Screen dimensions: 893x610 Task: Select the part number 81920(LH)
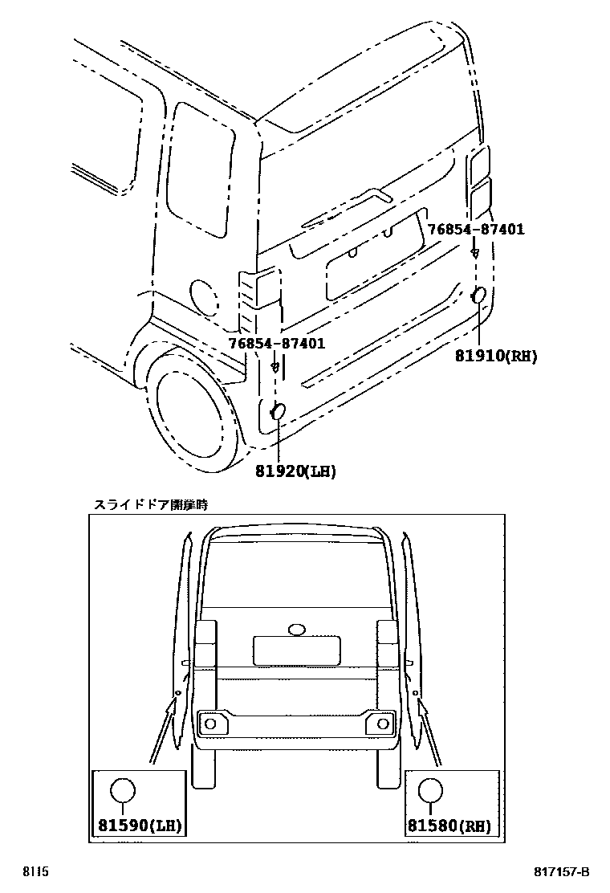pyautogui.click(x=295, y=471)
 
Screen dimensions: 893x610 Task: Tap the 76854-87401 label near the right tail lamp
pyautogui.click(x=475, y=230)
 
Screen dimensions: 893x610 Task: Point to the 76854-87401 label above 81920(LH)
pyautogui.click(x=276, y=344)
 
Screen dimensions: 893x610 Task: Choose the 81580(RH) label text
pyautogui.click(x=449, y=825)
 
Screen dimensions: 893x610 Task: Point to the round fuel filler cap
pyautogui.click(x=202, y=296)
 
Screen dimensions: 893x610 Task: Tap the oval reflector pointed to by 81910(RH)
pyautogui.click(x=478, y=296)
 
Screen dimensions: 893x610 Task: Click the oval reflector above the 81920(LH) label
pyautogui.click(x=278, y=412)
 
